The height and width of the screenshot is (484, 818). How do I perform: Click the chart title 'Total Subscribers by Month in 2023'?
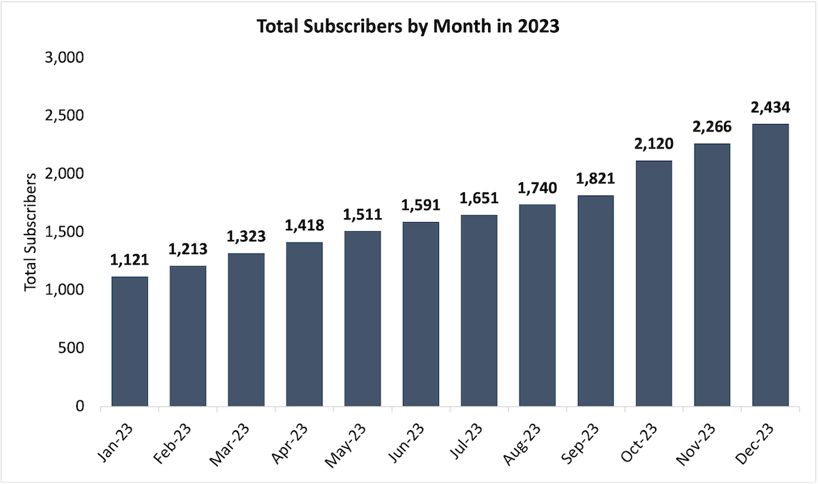[408, 27]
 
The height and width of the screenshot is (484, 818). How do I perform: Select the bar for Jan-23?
[130, 342]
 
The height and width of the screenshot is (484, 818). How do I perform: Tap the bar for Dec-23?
[770, 265]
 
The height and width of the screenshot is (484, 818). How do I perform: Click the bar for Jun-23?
[421, 314]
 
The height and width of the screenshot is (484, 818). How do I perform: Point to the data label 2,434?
[770, 108]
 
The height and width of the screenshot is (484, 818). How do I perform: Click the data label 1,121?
[130, 260]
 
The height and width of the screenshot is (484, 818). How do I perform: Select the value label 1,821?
[595, 179]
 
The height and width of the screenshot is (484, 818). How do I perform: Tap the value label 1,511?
[363, 215]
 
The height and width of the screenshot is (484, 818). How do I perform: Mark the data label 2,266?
[712, 127]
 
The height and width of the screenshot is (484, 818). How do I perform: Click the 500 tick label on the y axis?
[70, 348]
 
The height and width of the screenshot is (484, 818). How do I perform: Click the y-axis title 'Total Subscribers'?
[30, 232]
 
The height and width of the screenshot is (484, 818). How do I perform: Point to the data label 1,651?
[479, 199]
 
